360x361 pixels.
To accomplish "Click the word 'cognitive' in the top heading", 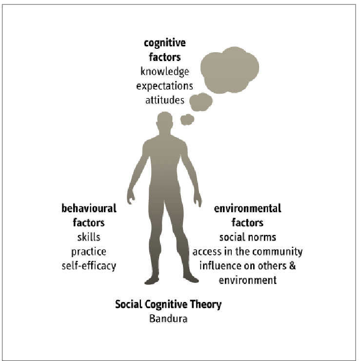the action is pos(165,43).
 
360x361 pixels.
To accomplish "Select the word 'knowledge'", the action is pos(165,72).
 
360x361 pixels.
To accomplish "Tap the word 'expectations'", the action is pos(165,86).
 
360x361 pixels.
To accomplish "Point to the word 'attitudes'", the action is pos(165,100).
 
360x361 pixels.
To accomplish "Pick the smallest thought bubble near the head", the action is pos(187,118).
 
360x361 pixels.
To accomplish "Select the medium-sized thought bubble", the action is pos(200,101).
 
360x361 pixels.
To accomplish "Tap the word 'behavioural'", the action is pos(89,209).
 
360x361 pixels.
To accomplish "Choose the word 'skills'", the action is pos(89,237).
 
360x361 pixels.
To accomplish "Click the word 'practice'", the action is pos(89,252).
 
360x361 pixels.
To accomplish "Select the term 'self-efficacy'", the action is pos(89,266).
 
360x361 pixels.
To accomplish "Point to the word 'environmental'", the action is pos(248,209).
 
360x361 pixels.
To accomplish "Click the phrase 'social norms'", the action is pos(248,238).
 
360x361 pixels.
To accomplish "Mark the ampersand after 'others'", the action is pos(293,266).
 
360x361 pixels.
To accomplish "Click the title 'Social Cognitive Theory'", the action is pos(168,305).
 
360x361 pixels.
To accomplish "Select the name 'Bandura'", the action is pos(168,319).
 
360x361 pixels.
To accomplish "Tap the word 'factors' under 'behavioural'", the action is pos(89,223).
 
